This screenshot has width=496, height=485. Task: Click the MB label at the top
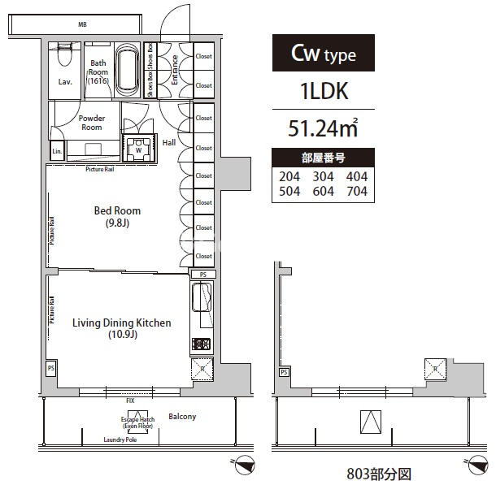coord(82,24)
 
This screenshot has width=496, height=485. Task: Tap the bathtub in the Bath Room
coord(127,71)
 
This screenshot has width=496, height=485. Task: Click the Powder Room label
coord(91,122)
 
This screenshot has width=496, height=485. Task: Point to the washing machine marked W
coord(138,149)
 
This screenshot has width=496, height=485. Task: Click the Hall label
coord(169,142)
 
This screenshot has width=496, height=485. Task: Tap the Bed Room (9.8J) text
coord(111,216)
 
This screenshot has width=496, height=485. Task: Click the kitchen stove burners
coord(201,344)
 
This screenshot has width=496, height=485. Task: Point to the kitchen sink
coord(202,298)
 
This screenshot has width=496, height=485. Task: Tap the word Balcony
coord(182,417)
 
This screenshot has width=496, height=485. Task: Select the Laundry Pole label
coord(120,440)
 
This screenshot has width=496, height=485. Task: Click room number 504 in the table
coord(289,192)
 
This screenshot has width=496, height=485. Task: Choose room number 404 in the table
coord(356,176)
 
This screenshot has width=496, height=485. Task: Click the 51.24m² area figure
coord(323,128)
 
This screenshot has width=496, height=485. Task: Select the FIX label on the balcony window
coord(129,401)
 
